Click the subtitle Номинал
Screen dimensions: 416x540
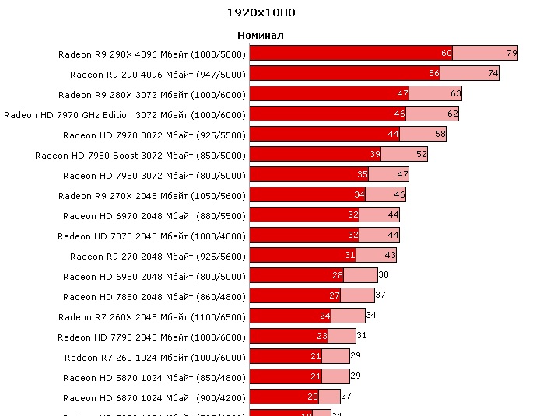coord(261,36)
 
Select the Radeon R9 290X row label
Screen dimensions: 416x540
coord(152,54)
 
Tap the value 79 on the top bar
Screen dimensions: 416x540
coord(512,54)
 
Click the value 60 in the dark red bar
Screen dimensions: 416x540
coord(447,54)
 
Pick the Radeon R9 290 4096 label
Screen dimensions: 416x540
coord(158,74)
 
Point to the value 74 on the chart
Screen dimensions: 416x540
coord(493,74)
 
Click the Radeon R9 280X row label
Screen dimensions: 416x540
coord(152,94)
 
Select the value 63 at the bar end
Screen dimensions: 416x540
coord(456,94)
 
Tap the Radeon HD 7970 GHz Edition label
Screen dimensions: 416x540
coord(124,114)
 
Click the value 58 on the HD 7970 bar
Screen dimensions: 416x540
coord(440,135)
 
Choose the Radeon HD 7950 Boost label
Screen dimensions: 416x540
coord(140,155)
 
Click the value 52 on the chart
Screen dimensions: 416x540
coord(422,155)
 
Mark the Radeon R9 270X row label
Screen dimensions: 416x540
coord(152,195)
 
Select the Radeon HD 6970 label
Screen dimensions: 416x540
coord(154,215)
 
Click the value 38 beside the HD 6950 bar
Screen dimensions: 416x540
coord(383,275)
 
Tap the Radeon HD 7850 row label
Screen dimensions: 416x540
coord(154,296)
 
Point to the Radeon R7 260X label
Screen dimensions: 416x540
coord(152,316)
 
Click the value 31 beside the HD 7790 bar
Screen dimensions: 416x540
coord(361,336)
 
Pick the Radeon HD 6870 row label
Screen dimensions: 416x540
coord(154,397)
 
